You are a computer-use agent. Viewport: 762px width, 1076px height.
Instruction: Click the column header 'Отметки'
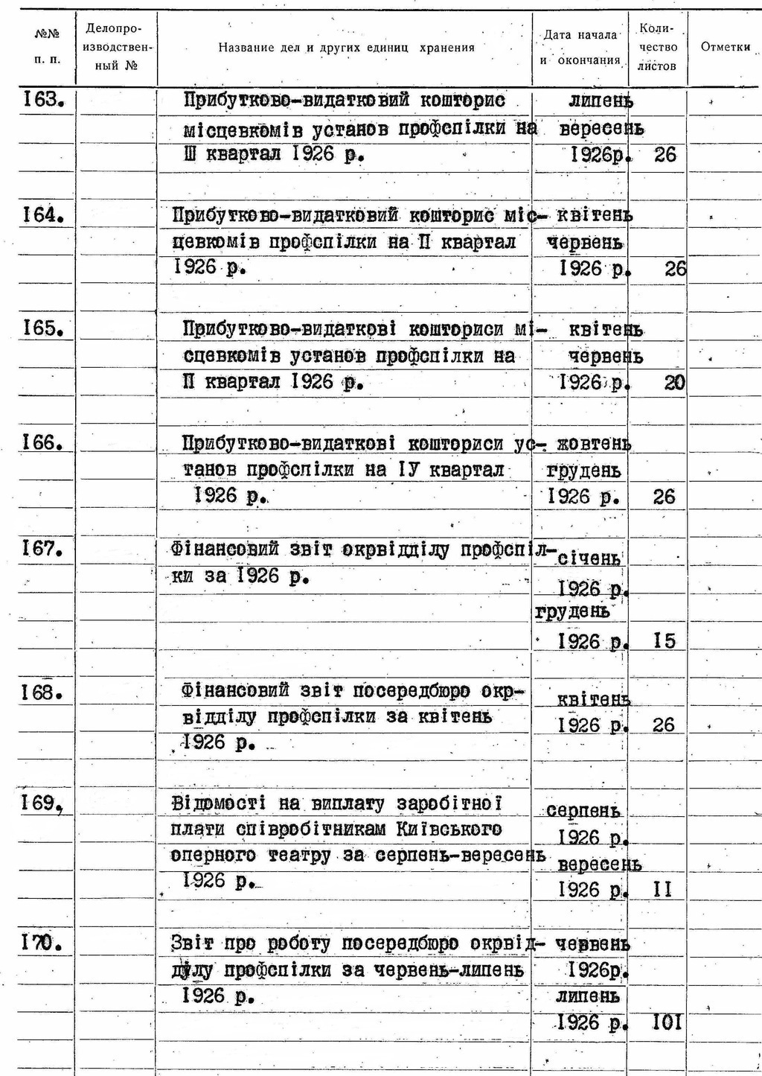coord(725,47)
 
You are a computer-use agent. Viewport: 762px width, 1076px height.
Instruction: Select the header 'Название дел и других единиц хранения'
coord(346,48)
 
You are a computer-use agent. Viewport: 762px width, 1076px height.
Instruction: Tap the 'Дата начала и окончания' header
coord(580,48)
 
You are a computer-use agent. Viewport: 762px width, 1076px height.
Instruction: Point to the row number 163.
coord(41,99)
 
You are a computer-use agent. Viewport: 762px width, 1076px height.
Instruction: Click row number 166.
coord(42,442)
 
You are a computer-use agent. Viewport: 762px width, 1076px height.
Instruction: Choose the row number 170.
coord(42,943)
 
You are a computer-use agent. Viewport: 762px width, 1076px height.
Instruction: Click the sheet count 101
coord(666,1022)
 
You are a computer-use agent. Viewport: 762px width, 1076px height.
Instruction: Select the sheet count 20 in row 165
coord(674,383)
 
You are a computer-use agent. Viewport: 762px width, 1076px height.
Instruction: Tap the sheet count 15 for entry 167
coord(665,640)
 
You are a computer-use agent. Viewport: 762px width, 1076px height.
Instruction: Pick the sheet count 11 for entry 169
coord(662,889)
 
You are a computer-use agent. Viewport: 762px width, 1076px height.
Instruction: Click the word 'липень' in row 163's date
coord(601,100)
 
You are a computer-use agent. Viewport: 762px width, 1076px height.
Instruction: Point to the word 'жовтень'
coord(589,444)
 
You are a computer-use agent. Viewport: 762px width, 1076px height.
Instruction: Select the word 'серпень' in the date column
coord(583,810)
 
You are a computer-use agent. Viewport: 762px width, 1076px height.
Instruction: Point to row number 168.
coord(42,693)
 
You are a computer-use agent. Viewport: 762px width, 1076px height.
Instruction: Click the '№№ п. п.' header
coord(47,47)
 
